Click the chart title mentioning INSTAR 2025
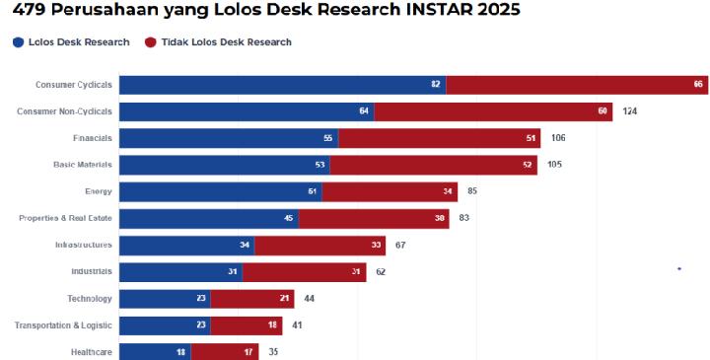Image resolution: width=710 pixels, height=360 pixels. click(265, 11)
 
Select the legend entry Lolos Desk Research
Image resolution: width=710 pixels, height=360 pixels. click(71, 42)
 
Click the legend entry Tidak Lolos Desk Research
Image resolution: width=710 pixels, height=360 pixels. click(217, 42)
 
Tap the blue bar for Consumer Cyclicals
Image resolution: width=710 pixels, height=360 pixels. click(282, 85)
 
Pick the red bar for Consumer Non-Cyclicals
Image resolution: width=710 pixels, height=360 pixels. click(493, 111)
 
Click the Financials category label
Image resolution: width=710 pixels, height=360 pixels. click(92, 138)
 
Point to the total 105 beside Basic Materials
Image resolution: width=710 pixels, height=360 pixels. click(554, 165)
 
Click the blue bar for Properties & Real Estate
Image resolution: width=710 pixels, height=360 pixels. click(209, 218)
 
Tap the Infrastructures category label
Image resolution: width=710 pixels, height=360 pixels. click(83, 245)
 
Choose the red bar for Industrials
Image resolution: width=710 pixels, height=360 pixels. click(304, 271)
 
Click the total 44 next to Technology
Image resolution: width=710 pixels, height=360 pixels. click(309, 298)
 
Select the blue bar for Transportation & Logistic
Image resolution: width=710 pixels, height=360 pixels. click(165, 324)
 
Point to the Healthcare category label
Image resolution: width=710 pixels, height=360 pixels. click(91, 351)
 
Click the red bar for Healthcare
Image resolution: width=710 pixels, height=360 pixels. click(225, 351)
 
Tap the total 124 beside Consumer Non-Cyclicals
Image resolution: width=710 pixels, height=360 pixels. click(630, 111)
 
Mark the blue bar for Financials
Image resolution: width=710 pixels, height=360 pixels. click(229, 138)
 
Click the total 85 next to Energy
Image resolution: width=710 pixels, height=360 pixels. click(473, 191)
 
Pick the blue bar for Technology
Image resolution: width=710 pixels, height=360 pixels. click(165, 298)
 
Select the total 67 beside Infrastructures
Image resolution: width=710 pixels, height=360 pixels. click(400, 245)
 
